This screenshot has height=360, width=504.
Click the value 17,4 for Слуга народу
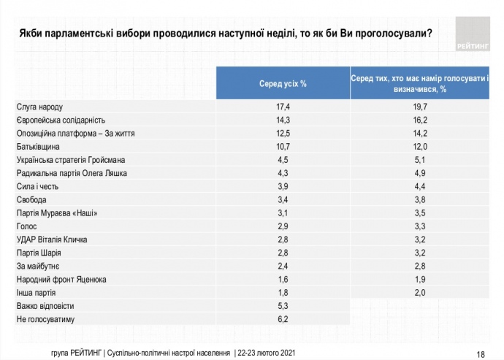pyautogui.click(x=282, y=107)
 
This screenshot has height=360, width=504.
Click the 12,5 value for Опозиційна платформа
pyautogui.click(x=282, y=134)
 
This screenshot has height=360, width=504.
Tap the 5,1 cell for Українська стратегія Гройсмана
pyautogui.click(x=419, y=160)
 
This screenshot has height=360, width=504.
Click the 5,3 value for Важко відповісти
pyautogui.click(x=282, y=305)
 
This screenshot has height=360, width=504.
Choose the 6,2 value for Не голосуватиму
pyautogui.click(x=282, y=318)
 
